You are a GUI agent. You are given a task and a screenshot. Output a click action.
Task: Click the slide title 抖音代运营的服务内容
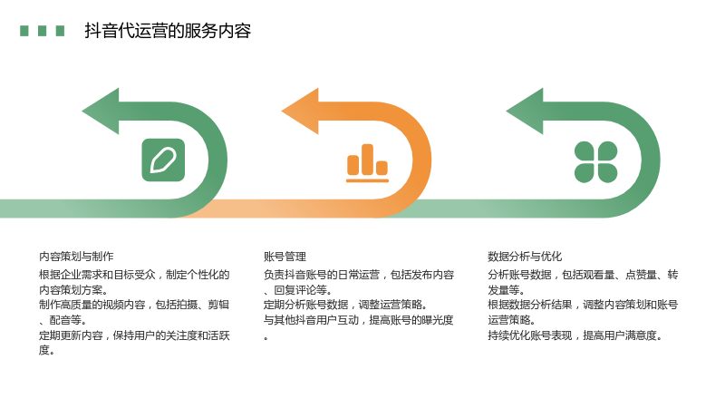pos(168,31)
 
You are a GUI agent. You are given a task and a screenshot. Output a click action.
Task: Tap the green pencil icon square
pos(163,160)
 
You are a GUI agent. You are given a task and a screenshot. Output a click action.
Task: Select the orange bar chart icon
pos(368,163)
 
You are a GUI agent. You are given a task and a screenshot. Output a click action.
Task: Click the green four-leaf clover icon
pos(596,162)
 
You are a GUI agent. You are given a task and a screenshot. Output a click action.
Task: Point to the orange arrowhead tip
pos(282,111)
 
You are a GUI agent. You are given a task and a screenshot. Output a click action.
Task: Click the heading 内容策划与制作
pos(76,257)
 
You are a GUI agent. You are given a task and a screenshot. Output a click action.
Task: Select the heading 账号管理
pos(285,257)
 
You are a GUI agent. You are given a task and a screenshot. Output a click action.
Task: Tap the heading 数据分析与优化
pos(525,257)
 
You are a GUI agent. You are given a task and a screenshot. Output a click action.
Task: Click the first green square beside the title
pos(24,31)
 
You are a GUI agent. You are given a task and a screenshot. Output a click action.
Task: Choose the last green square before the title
pos(60,31)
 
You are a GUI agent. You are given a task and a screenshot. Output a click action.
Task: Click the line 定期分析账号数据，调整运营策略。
pos(345,305)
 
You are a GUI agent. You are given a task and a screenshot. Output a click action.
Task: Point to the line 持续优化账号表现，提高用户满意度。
pos(575,335)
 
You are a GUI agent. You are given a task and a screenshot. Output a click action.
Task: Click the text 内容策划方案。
pos(74,290)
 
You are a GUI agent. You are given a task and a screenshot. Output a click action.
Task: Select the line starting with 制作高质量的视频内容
pos(134,305)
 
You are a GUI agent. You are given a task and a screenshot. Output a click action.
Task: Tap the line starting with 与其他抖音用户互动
pos(359,320)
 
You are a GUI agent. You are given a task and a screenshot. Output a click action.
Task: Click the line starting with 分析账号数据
pos(583,275)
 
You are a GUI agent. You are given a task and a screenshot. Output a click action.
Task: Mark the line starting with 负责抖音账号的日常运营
pos(359,275)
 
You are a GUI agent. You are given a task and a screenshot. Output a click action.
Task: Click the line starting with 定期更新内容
pos(134,335)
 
